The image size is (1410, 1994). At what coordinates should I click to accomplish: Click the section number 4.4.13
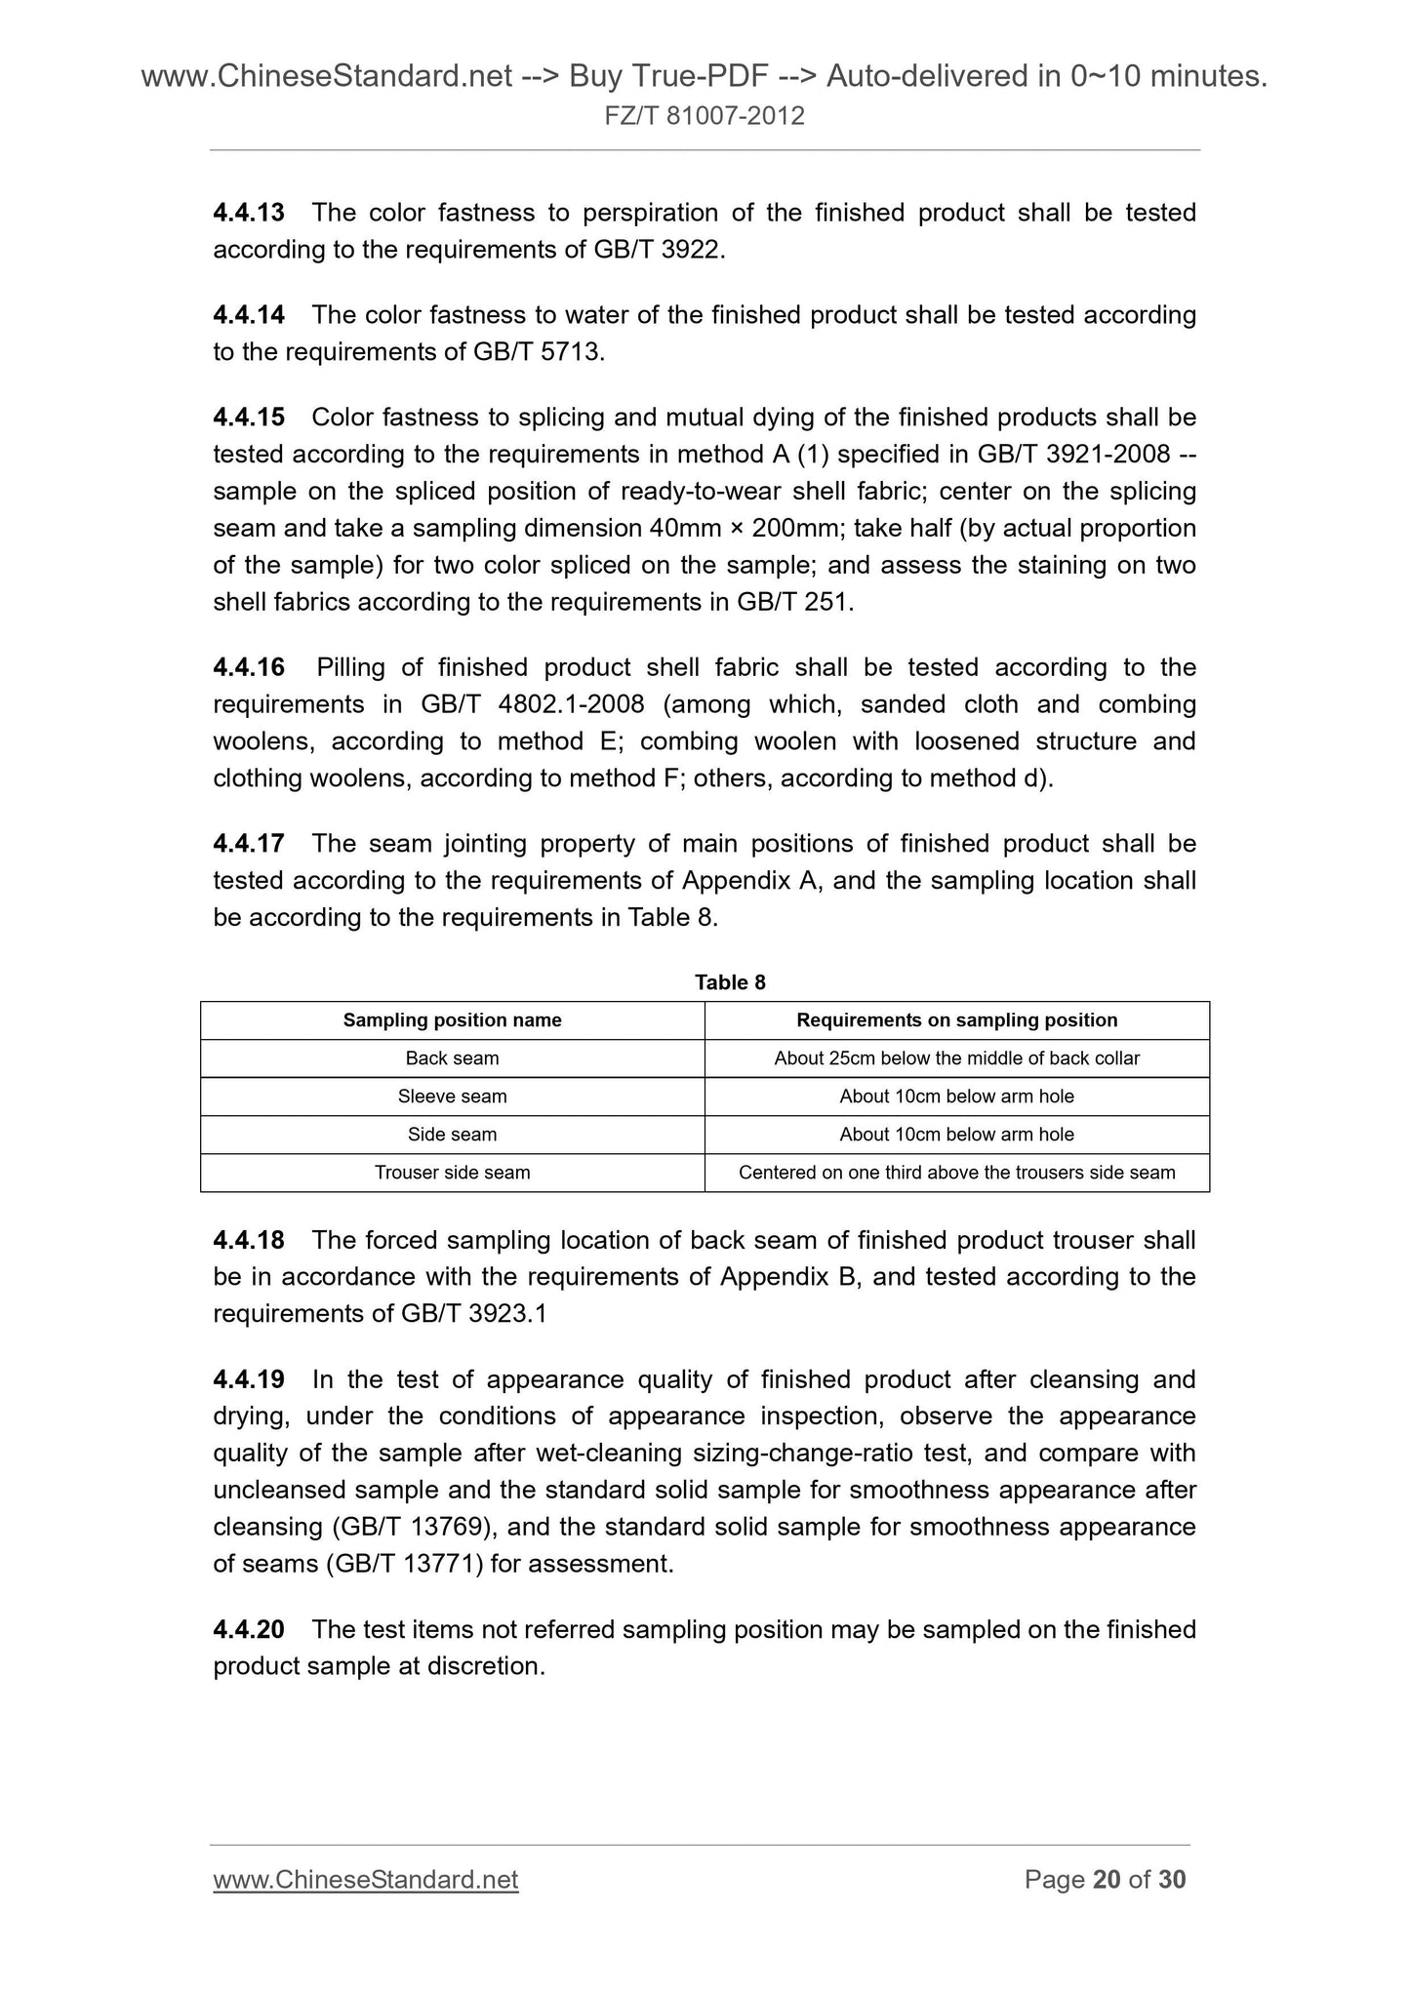248,213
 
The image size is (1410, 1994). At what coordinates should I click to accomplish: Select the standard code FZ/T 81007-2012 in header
705,117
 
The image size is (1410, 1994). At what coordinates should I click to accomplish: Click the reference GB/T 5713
538,352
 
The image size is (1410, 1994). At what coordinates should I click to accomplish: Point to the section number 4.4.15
248,418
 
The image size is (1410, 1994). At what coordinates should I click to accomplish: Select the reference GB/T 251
794,603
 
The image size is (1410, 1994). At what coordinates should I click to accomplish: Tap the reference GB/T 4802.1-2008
532,704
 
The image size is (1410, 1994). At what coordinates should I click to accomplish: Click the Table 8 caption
730,982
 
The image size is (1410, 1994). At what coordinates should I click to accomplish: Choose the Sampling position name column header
452,1020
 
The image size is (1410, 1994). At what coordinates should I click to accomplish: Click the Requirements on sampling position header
956,1020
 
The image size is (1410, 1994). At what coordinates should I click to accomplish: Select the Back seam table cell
452,1058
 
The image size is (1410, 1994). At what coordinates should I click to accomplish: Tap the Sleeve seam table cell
452,1097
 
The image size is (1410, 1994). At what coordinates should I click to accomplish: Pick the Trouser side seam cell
452,1173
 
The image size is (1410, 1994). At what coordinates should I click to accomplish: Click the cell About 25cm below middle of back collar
956,1058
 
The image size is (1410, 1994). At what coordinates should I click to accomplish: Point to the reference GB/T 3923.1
473,1314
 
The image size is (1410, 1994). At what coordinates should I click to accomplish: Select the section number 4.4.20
248,1630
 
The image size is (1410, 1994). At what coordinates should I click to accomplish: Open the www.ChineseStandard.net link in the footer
365,1880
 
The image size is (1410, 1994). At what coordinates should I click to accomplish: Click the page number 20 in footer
1107,1880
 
